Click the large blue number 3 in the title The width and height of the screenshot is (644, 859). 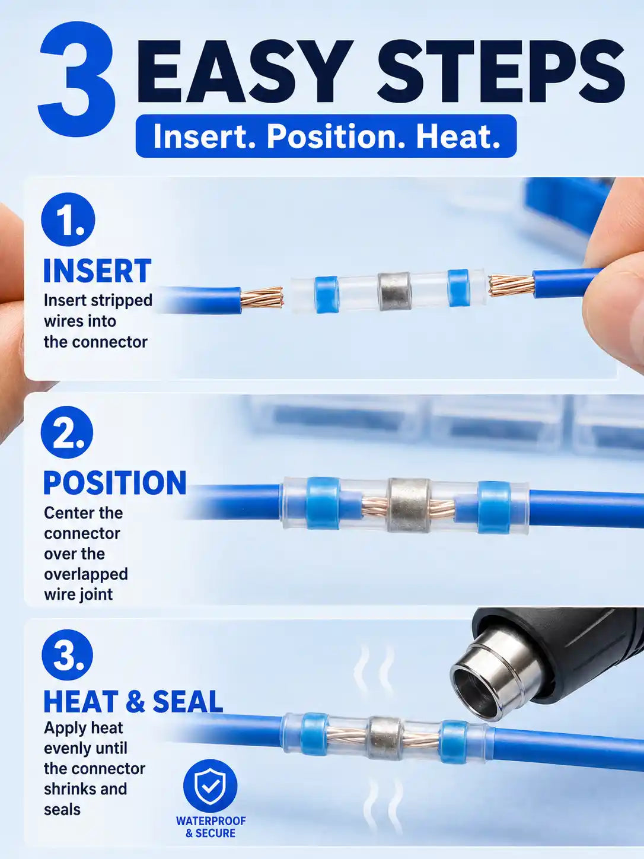coord(78,79)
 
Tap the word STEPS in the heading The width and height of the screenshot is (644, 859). coord(501,73)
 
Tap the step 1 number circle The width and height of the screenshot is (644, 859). coord(68,219)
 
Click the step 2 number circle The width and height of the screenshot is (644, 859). coord(67,432)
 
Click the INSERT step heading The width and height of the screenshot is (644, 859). coord(97,271)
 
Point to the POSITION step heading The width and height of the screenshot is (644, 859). coord(114,483)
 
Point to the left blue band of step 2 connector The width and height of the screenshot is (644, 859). coord(322,504)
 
